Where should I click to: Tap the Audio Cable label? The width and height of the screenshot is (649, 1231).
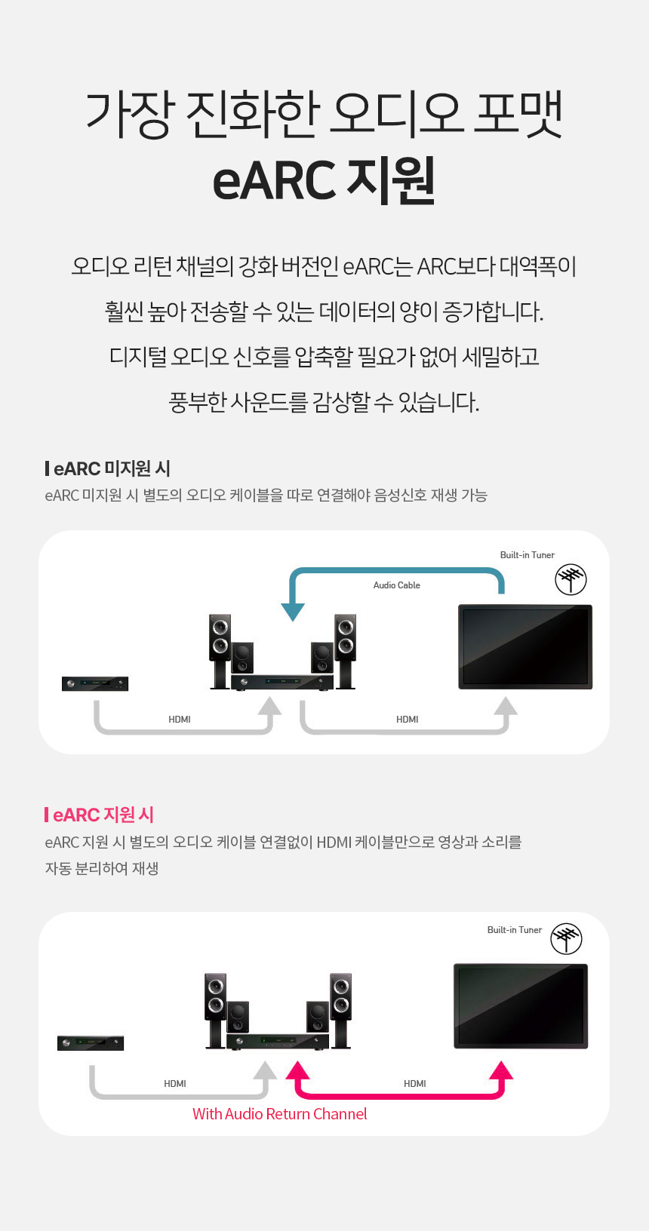[x=396, y=585]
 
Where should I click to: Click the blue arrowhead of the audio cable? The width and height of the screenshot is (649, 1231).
[x=293, y=612]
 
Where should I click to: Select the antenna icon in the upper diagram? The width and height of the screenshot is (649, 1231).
[x=571, y=579]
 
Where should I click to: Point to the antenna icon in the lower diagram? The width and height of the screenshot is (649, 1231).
[x=567, y=938]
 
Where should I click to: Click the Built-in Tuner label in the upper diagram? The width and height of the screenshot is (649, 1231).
[x=528, y=555]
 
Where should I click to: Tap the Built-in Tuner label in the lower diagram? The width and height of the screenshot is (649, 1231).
[x=515, y=930]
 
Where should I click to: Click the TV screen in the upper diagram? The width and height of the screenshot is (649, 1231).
[x=525, y=647]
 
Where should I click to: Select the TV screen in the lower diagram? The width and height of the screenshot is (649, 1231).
[x=521, y=1006]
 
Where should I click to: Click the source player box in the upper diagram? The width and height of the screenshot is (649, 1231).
[x=95, y=683]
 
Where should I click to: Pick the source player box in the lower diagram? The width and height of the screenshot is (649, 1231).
[x=91, y=1043]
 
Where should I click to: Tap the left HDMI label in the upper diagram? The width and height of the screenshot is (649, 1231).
[x=180, y=720]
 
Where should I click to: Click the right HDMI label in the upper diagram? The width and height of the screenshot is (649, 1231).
[x=408, y=720]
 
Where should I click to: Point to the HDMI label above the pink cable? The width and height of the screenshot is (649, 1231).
[x=415, y=1084]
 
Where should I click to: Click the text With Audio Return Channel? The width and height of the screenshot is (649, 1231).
[x=279, y=1114]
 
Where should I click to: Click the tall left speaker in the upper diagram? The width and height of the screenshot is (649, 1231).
[x=220, y=651]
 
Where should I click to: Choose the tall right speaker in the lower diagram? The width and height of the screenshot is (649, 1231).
[x=340, y=1011]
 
